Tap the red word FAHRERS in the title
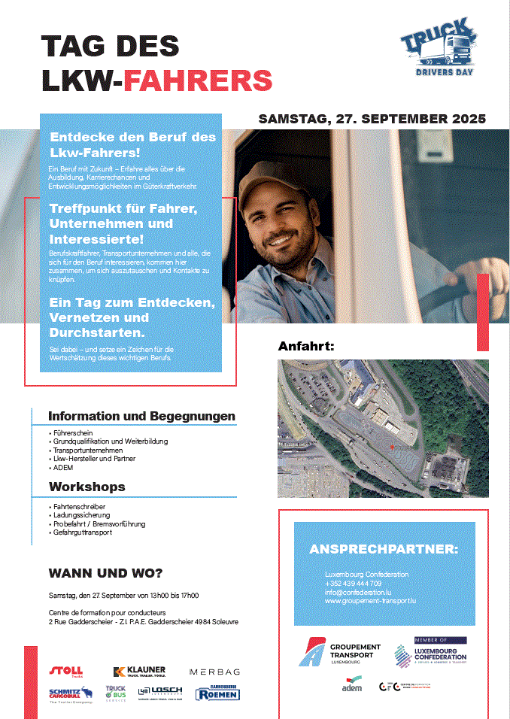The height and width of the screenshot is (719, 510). click(198, 80)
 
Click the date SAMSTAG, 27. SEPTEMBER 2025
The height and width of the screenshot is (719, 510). click(372, 119)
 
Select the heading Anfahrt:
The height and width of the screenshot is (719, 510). click(305, 346)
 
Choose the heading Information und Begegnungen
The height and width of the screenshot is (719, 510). click(141, 416)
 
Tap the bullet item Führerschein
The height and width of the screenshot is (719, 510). click(73, 434)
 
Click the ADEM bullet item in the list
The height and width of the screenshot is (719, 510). click(63, 467)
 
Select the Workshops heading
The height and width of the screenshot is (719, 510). click(87, 487)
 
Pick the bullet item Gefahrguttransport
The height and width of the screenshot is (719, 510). click(83, 532)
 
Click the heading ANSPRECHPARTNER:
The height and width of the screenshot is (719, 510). click(384, 549)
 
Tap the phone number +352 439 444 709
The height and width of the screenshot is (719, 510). click(354, 584)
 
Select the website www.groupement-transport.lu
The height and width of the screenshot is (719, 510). click(370, 602)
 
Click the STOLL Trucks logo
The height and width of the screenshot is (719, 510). click(66, 671)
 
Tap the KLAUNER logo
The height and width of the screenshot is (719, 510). click(139, 671)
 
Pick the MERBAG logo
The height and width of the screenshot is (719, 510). click(214, 671)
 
